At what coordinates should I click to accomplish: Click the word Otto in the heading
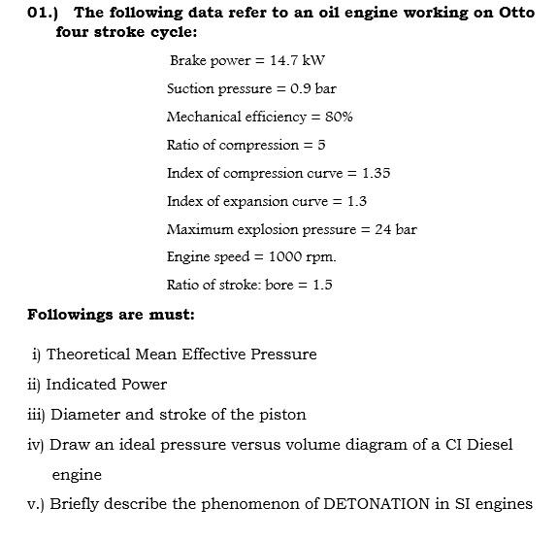[x=515, y=13]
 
